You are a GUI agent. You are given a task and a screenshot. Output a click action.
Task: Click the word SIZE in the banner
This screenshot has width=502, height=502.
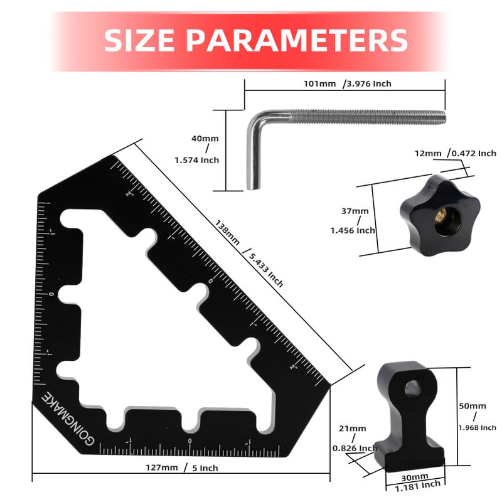tap(139, 40)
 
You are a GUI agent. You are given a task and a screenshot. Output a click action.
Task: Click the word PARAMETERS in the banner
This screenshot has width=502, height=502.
tap(297, 40)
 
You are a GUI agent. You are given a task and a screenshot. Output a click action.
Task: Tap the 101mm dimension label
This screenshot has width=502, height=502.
tap(319, 83)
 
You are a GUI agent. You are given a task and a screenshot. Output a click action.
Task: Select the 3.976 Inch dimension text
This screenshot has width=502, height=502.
tap(370, 83)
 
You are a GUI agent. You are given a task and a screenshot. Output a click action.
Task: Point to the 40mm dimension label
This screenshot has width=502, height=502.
tap(205, 138)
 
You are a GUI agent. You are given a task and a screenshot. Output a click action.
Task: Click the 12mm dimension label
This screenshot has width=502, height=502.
tap(427, 153)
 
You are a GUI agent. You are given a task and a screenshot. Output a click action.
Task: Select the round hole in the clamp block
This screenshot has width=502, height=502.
tap(412, 389)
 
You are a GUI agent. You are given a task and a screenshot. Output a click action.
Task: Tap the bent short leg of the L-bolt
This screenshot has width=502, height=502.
tap(253, 154)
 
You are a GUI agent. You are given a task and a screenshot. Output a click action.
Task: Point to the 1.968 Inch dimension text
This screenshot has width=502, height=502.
tap(477, 427)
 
